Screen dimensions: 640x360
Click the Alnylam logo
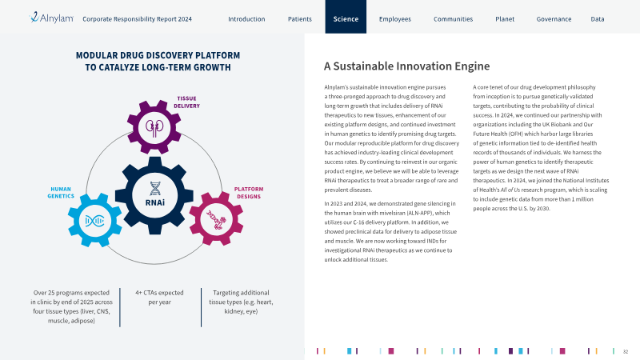click(x=51, y=18)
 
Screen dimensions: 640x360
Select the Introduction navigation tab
click(x=246, y=18)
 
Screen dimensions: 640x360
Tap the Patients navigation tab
click(x=299, y=18)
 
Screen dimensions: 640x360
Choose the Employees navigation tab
click(x=395, y=19)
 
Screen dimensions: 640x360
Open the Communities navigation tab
click(x=453, y=18)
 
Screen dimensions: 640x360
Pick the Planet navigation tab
click(x=505, y=18)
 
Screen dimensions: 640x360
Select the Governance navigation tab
click(x=554, y=18)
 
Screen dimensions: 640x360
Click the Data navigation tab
click(x=598, y=18)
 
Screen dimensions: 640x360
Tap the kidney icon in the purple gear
click(x=154, y=128)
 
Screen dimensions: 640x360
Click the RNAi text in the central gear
click(x=155, y=202)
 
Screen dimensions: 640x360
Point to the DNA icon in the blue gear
click(x=94, y=221)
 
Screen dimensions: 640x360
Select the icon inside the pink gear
click(x=216, y=219)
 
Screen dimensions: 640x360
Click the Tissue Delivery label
click(x=187, y=102)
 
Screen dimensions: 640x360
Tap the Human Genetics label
click(x=61, y=193)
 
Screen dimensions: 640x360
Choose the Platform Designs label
click(x=249, y=193)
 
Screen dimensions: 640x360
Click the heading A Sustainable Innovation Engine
click(x=407, y=66)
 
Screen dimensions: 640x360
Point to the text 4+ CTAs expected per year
click(x=159, y=297)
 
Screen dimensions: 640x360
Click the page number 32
click(x=626, y=351)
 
